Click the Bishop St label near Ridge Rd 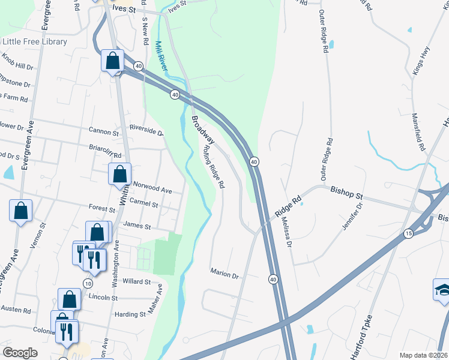[x=348, y=195]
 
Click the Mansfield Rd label [x=418, y=131]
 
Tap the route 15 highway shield [x=408, y=233]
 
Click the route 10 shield [x=88, y=283]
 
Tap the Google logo [x=20, y=353]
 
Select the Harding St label [x=130, y=314]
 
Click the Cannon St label [x=104, y=131]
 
